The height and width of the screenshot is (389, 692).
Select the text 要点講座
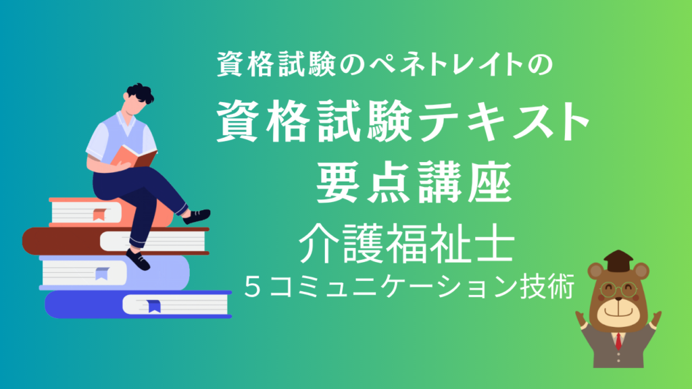coord(414,182)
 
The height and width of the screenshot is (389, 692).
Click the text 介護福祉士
coord(407,242)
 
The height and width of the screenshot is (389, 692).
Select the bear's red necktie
coord(619,340)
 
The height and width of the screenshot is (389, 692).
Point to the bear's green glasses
coord(618,290)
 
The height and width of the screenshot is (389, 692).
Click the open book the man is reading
coord(133,157)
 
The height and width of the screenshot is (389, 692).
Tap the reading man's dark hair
coord(140,93)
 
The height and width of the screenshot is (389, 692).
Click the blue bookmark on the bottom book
coord(153,306)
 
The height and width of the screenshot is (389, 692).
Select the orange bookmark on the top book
coord(99,214)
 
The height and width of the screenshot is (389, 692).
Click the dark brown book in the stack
coord(116,241)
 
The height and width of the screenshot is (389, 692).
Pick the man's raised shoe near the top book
coord(197,216)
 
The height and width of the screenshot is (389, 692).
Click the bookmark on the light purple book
coord(102,274)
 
